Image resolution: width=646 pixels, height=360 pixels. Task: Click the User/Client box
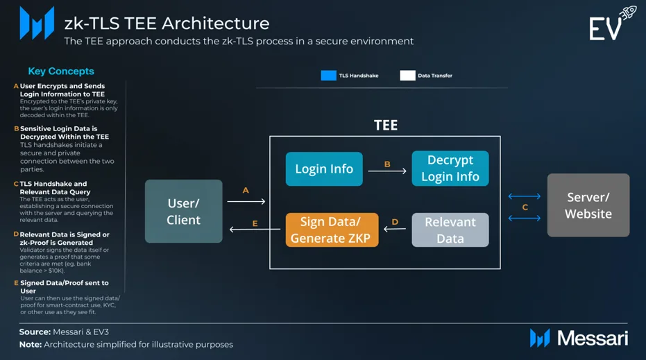[x=184, y=211]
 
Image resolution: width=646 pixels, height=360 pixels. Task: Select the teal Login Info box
[x=324, y=169]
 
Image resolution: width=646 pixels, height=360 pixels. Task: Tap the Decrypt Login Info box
[x=450, y=169]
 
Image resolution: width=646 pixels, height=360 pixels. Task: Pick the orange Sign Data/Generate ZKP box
[x=332, y=230]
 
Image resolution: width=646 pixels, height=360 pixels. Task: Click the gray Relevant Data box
[x=450, y=230]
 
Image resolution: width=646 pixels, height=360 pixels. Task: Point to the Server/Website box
[x=588, y=205]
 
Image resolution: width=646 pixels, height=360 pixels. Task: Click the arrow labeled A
[x=246, y=201]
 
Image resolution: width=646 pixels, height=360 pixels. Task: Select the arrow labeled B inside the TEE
[x=387, y=171]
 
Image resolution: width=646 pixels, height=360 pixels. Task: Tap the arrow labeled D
[x=395, y=229]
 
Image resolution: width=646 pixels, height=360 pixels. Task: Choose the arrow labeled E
[x=255, y=229]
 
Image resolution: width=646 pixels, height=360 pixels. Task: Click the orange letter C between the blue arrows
[x=525, y=207]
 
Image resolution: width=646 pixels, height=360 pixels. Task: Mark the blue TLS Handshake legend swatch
[x=329, y=76]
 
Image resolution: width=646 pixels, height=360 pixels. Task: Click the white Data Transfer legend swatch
[x=407, y=76]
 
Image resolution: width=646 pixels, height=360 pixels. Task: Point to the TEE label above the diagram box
[x=386, y=126]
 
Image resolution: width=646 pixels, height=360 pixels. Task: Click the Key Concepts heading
[x=61, y=71]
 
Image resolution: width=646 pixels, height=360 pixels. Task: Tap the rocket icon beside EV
[x=628, y=12]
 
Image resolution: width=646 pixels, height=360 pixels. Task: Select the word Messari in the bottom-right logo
[x=593, y=338]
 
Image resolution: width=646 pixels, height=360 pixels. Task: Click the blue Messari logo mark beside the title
[x=37, y=23]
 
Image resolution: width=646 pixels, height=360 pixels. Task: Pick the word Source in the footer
[x=35, y=332]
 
